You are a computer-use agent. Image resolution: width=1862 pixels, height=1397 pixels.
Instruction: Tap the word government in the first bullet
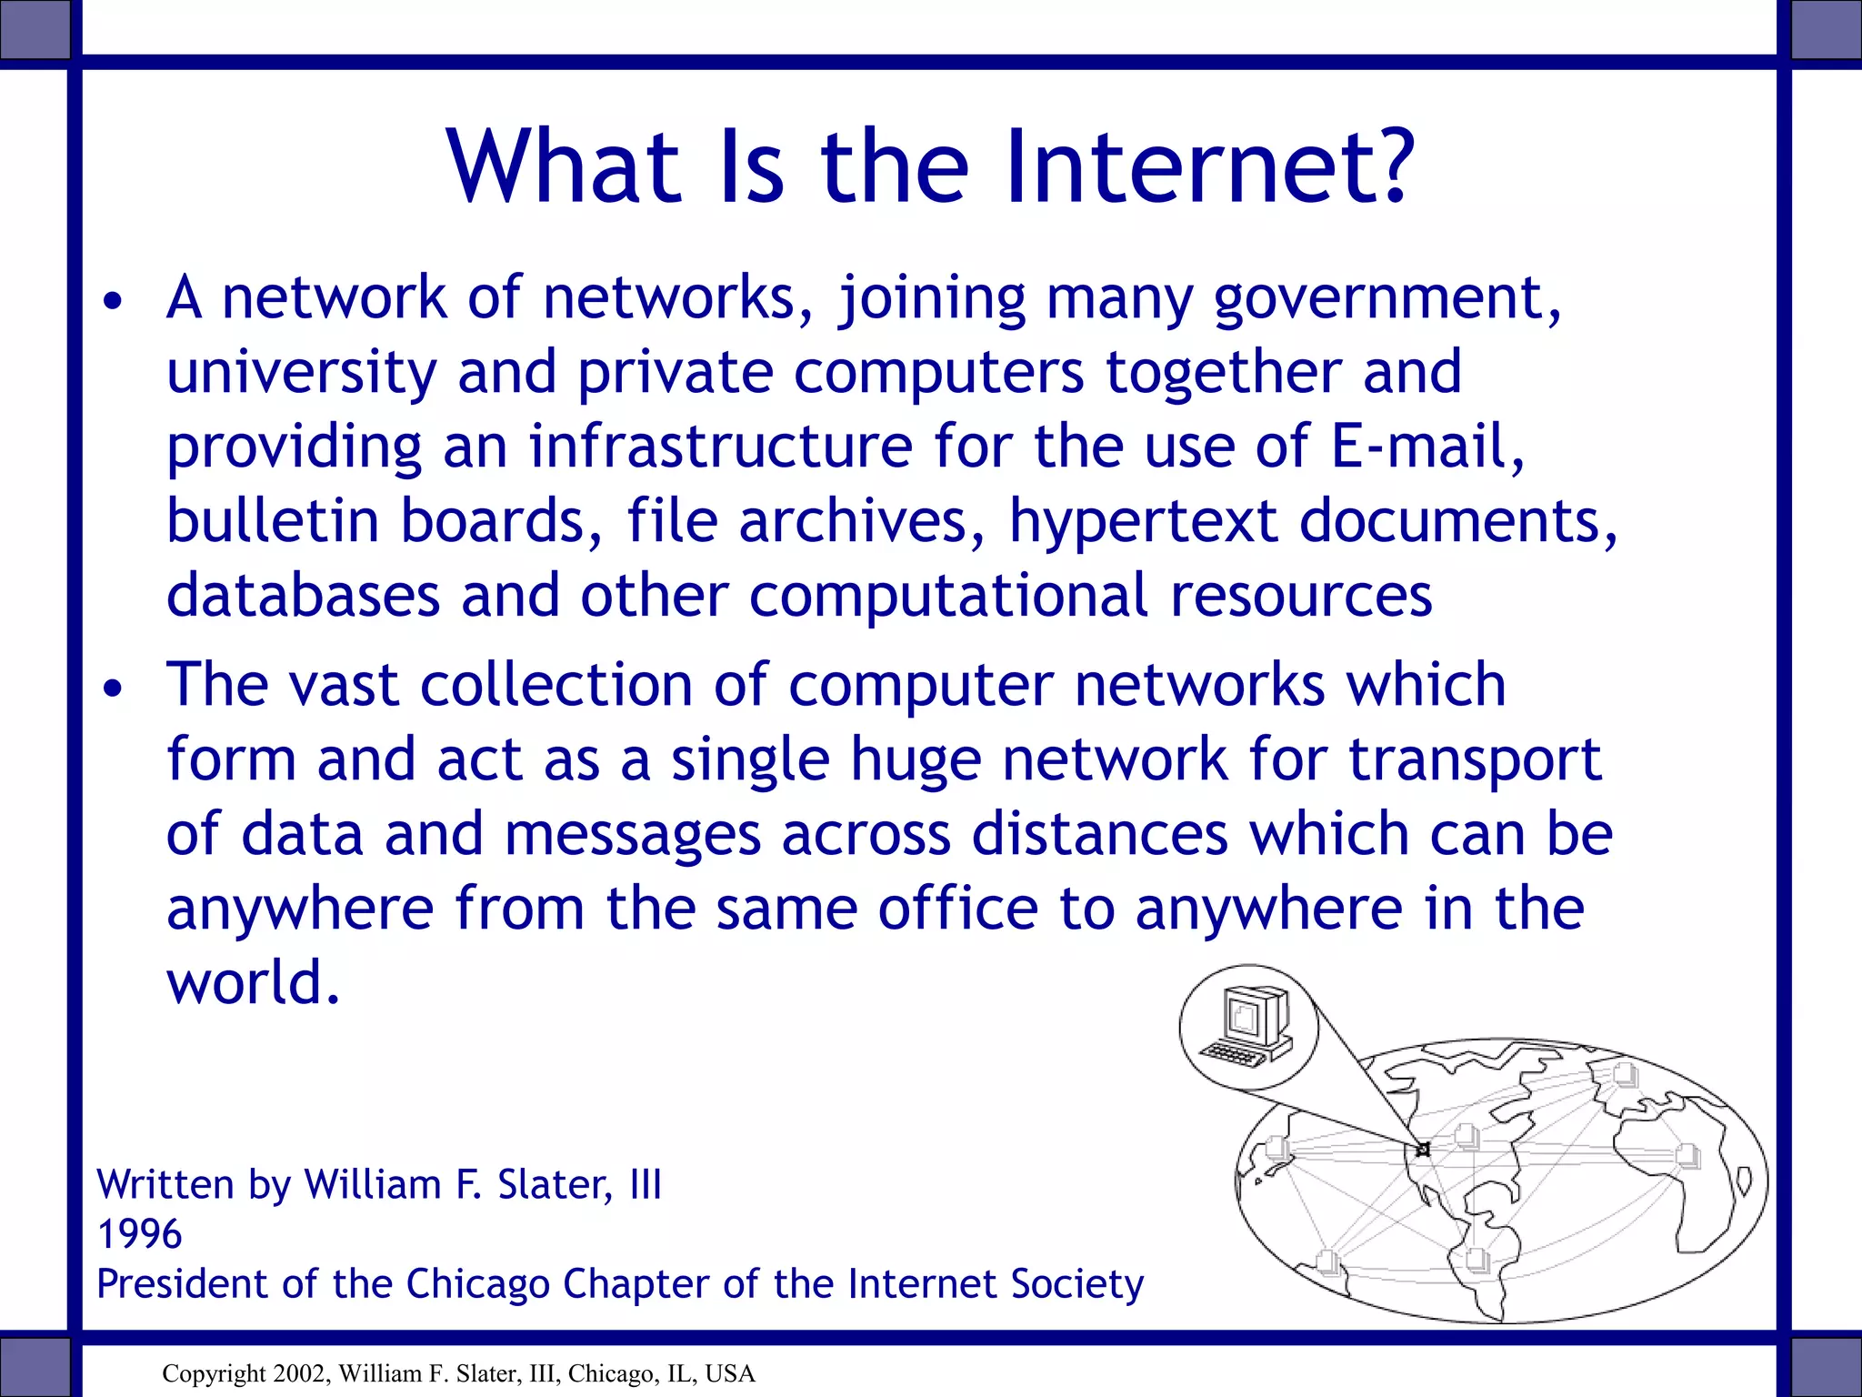click(x=1386, y=300)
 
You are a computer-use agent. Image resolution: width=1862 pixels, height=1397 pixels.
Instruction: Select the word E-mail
click(x=1427, y=447)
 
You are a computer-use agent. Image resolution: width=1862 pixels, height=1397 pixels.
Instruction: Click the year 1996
click(x=139, y=1234)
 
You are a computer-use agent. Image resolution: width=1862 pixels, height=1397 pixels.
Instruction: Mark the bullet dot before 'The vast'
click(x=112, y=689)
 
